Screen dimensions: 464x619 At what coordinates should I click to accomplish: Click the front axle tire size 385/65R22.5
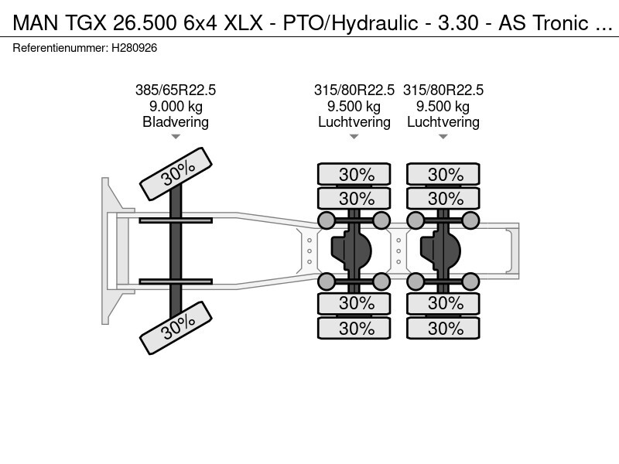(x=176, y=90)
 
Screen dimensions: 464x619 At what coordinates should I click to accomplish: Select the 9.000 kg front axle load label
(x=176, y=107)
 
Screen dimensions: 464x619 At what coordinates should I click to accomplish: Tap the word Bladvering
(x=176, y=122)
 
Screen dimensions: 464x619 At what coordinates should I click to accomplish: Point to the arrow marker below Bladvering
(x=176, y=137)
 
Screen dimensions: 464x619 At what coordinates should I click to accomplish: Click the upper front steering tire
(x=176, y=174)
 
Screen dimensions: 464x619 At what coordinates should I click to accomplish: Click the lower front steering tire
(x=176, y=329)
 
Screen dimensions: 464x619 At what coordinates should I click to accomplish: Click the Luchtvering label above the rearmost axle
(x=443, y=122)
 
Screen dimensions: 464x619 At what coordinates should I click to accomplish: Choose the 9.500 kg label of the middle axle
(x=354, y=107)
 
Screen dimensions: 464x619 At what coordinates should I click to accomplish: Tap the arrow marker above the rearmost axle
(x=443, y=137)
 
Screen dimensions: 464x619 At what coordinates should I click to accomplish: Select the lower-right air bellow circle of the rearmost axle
(x=470, y=281)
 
